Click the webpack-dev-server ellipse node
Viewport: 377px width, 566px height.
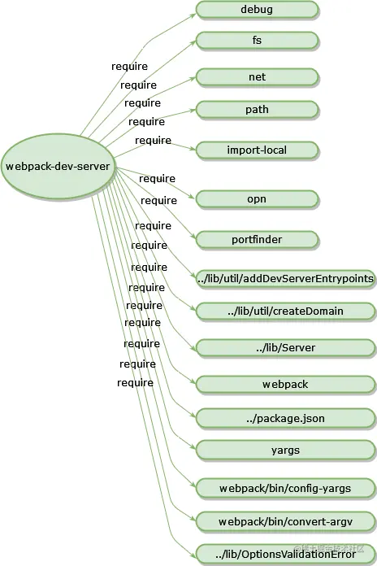point(58,167)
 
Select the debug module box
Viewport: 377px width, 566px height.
point(257,10)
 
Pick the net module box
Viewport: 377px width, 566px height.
point(257,77)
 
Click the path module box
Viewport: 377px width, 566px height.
point(257,109)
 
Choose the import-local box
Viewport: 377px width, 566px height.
point(257,150)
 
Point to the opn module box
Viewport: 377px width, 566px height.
point(257,198)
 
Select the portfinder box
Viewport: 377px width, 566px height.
point(257,239)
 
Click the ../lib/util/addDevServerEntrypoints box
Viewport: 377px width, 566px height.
point(285,279)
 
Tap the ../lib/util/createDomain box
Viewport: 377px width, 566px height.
point(285,311)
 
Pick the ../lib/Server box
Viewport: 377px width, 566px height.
point(285,348)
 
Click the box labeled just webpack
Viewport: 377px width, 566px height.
point(285,383)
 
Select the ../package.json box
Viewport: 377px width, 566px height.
point(285,418)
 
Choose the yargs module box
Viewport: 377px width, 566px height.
point(285,450)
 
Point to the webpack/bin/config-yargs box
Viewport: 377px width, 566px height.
point(285,488)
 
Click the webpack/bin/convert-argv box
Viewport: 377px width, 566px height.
point(285,520)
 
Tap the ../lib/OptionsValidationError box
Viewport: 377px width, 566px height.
point(285,554)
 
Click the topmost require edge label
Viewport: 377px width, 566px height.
point(129,66)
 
